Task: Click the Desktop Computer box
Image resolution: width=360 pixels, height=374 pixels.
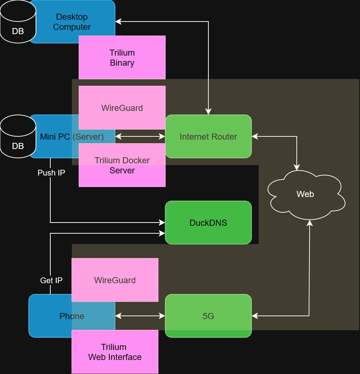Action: [72, 22]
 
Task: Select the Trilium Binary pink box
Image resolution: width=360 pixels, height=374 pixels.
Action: [122, 57]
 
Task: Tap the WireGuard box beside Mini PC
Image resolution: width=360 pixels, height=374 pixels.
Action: [122, 108]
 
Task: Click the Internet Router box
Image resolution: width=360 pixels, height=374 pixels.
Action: [208, 136]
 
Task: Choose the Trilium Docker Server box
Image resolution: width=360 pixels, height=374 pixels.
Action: [122, 165]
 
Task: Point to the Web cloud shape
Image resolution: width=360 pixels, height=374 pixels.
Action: [305, 194]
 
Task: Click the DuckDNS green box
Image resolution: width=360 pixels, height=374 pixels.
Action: [208, 223]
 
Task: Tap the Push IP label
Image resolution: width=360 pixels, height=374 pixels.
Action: [51, 173]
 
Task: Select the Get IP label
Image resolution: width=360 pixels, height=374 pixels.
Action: [51, 280]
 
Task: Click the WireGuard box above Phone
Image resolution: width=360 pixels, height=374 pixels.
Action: [115, 280]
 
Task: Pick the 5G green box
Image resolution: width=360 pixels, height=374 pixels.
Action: [208, 316]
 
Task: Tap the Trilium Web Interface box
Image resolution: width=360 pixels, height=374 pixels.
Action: [115, 352]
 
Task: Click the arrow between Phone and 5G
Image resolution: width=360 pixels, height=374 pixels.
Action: [140, 316]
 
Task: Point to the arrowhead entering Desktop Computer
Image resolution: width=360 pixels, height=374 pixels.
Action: [118, 22]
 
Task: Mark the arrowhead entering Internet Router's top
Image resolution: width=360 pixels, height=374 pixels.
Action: [208, 112]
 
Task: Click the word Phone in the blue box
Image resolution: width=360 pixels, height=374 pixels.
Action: [72, 316]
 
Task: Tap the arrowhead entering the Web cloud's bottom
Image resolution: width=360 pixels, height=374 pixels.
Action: [309, 223]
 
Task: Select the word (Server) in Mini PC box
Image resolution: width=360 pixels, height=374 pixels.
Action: [88, 137]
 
